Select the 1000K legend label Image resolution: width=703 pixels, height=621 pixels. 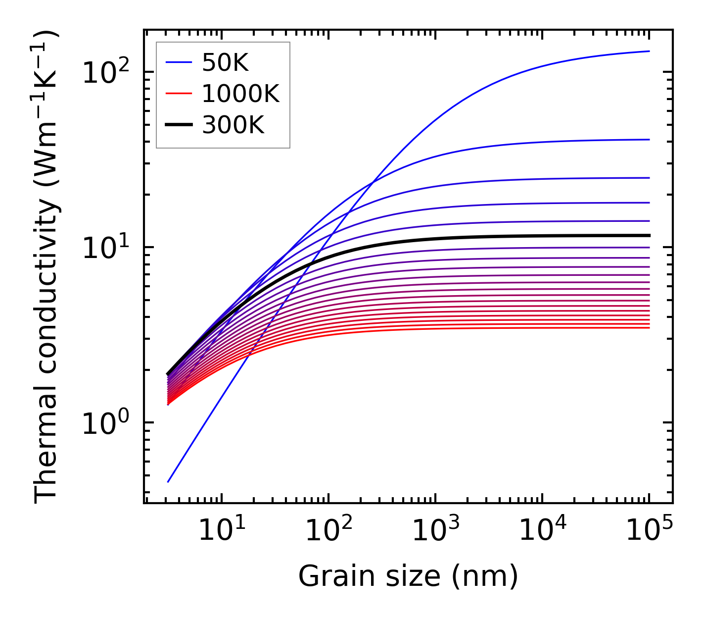tap(240, 94)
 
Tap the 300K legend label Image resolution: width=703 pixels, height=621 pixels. tap(233, 125)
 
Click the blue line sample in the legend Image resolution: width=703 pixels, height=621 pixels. tap(179, 62)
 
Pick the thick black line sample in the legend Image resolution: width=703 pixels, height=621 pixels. tap(179, 125)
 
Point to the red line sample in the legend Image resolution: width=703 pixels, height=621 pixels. tap(179, 94)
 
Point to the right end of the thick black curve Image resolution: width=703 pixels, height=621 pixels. tap(649, 235)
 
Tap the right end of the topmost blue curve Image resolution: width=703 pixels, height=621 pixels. tap(649, 51)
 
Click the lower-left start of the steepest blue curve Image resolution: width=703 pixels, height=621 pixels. tap(168, 481)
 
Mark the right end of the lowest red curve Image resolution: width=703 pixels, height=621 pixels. tap(649, 327)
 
